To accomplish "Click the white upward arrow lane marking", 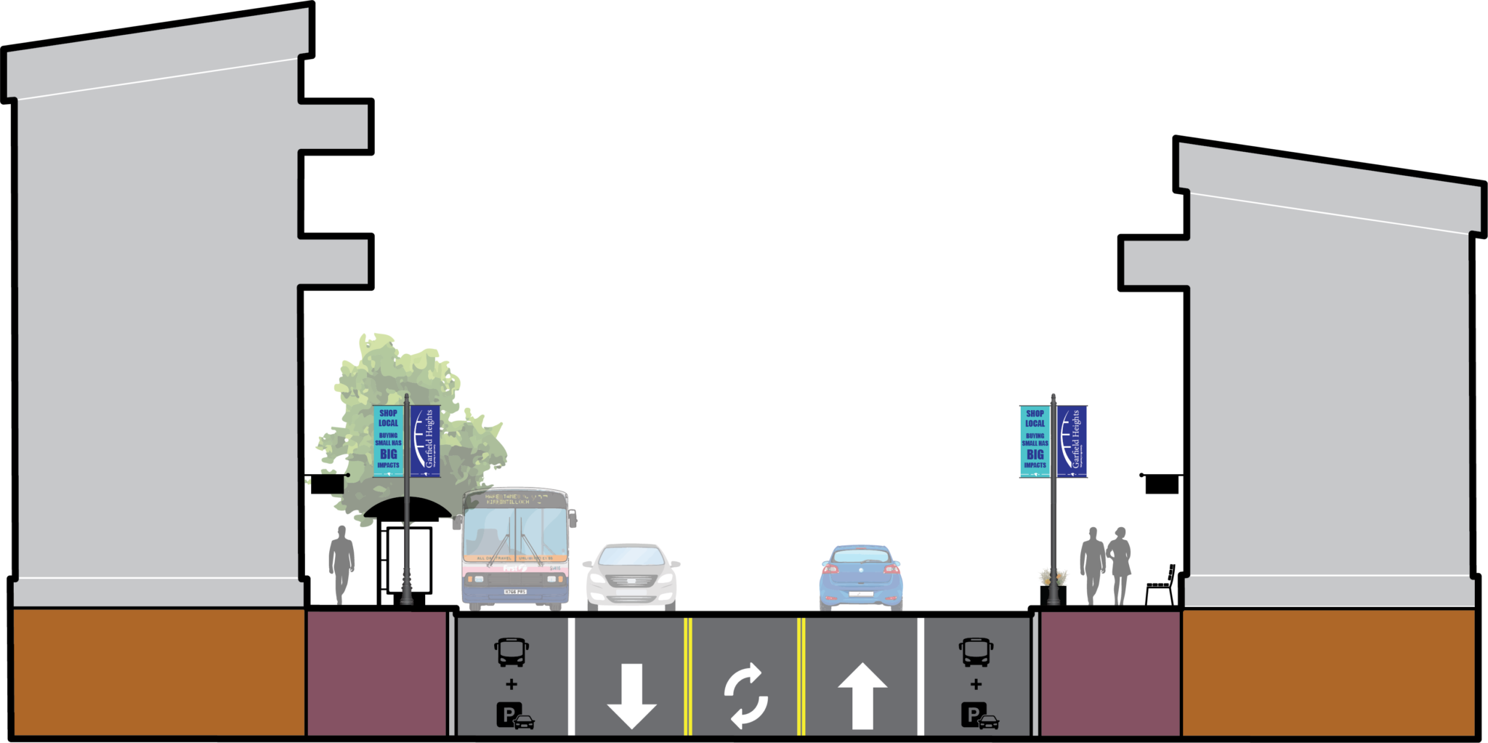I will [x=862, y=694].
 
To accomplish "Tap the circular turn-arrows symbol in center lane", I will [x=746, y=696].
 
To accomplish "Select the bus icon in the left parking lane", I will [x=512, y=652].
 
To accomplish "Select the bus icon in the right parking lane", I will [x=976, y=652].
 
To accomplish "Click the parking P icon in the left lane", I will [x=509, y=715].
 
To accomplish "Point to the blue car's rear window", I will [x=861, y=557].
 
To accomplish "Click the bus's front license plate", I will [x=515, y=593].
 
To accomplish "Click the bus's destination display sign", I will [x=516, y=499].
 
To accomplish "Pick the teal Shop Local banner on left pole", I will [x=388, y=441].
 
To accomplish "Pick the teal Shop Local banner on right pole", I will [x=1035, y=441].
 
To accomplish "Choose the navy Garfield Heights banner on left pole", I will [x=425, y=441].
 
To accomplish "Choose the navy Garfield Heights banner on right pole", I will [x=1072, y=441].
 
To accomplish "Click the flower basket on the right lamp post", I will [x=1054, y=578].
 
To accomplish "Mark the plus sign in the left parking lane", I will [x=511, y=684].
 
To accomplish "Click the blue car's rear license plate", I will [x=861, y=595].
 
